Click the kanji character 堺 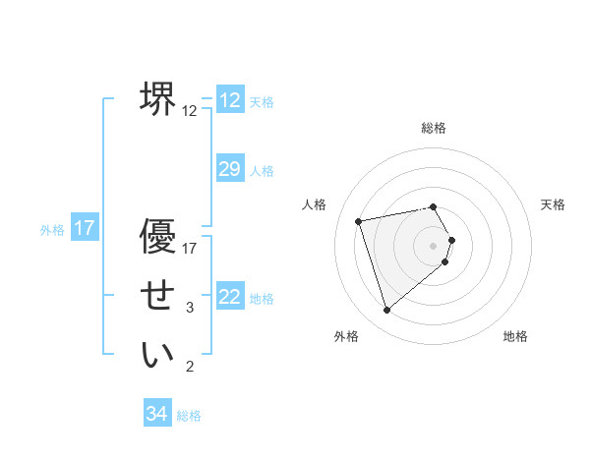click(x=157, y=98)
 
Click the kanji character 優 click(x=157, y=238)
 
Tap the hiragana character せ click(x=157, y=296)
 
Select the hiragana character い click(x=157, y=355)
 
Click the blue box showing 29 click(x=229, y=169)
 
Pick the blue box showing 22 click(x=229, y=296)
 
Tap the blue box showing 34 click(x=156, y=414)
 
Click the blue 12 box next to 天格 click(x=229, y=100)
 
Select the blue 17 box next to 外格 click(x=85, y=229)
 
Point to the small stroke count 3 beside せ click(x=190, y=308)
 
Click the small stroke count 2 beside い click(x=190, y=367)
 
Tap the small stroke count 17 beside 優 click(x=190, y=249)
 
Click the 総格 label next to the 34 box click(x=189, y=416)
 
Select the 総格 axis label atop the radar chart click(x=434, y=128)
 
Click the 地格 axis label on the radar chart click(x=515, y=336)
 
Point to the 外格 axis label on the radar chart click(x=346, y=336)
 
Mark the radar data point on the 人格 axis click(x=359, y=221)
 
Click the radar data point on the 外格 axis click(x=387, y=310)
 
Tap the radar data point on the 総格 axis click(x=434, y=206)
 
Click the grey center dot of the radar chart click(x=434, y=245)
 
